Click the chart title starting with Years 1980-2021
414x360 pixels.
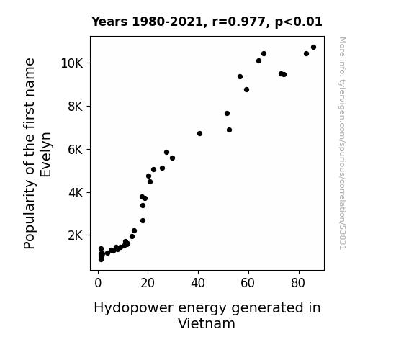pos(207,22)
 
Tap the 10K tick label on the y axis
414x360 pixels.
pos(72,63)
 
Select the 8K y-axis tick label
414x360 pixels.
pos(76,107)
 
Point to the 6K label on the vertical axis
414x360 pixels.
pos(76,150)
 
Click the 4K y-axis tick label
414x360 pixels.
pos(76,193)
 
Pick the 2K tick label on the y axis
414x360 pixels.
pos(76,235)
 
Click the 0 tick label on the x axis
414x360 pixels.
pos(98,283)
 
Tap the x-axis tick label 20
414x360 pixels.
pos(148,283)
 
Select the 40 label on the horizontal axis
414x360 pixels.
pos(198,283)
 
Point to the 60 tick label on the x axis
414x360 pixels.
pos(248,283)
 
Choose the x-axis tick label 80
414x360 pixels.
pos(298,283)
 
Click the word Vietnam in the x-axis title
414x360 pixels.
pos(207,323)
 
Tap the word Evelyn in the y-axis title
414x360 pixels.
pos(45,155)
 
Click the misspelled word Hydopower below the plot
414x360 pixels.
pos(134,308)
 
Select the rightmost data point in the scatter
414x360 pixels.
pos(313,48)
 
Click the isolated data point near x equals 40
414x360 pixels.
pos(199,134)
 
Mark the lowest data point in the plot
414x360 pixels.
pos(101,260)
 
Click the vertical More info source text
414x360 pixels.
pos(343,143)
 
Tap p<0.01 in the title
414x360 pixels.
pos(299,22)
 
